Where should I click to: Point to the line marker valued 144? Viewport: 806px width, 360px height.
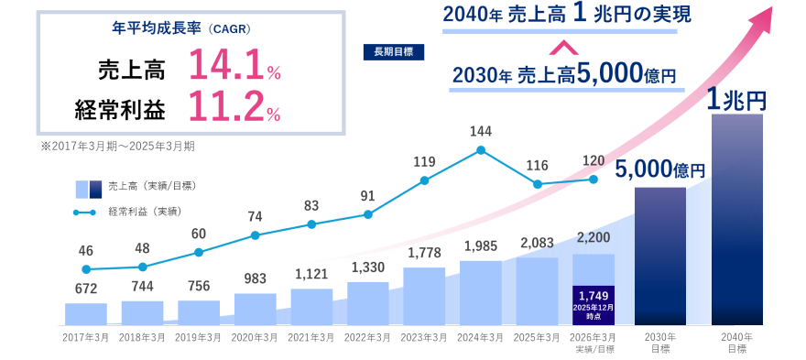click(481, 150)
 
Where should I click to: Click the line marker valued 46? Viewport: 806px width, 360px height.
click(86, 269)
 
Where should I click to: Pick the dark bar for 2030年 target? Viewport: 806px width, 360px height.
click(659, 256)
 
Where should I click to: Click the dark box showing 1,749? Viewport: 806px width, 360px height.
click(594, 304)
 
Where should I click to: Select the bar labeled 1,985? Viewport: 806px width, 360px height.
click(481, 292)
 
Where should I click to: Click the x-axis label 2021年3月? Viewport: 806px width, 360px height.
click(311, 337)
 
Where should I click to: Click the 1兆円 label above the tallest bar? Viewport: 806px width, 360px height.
click(736, 98)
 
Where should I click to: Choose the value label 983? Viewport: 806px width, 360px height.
click(255, 278)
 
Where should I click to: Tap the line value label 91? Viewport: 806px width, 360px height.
click(367, 195)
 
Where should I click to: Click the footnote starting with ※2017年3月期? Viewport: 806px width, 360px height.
click(117, 145)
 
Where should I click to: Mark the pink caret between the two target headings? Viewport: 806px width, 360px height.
click(564, 46)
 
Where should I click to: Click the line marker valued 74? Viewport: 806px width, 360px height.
click(255, 235)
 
